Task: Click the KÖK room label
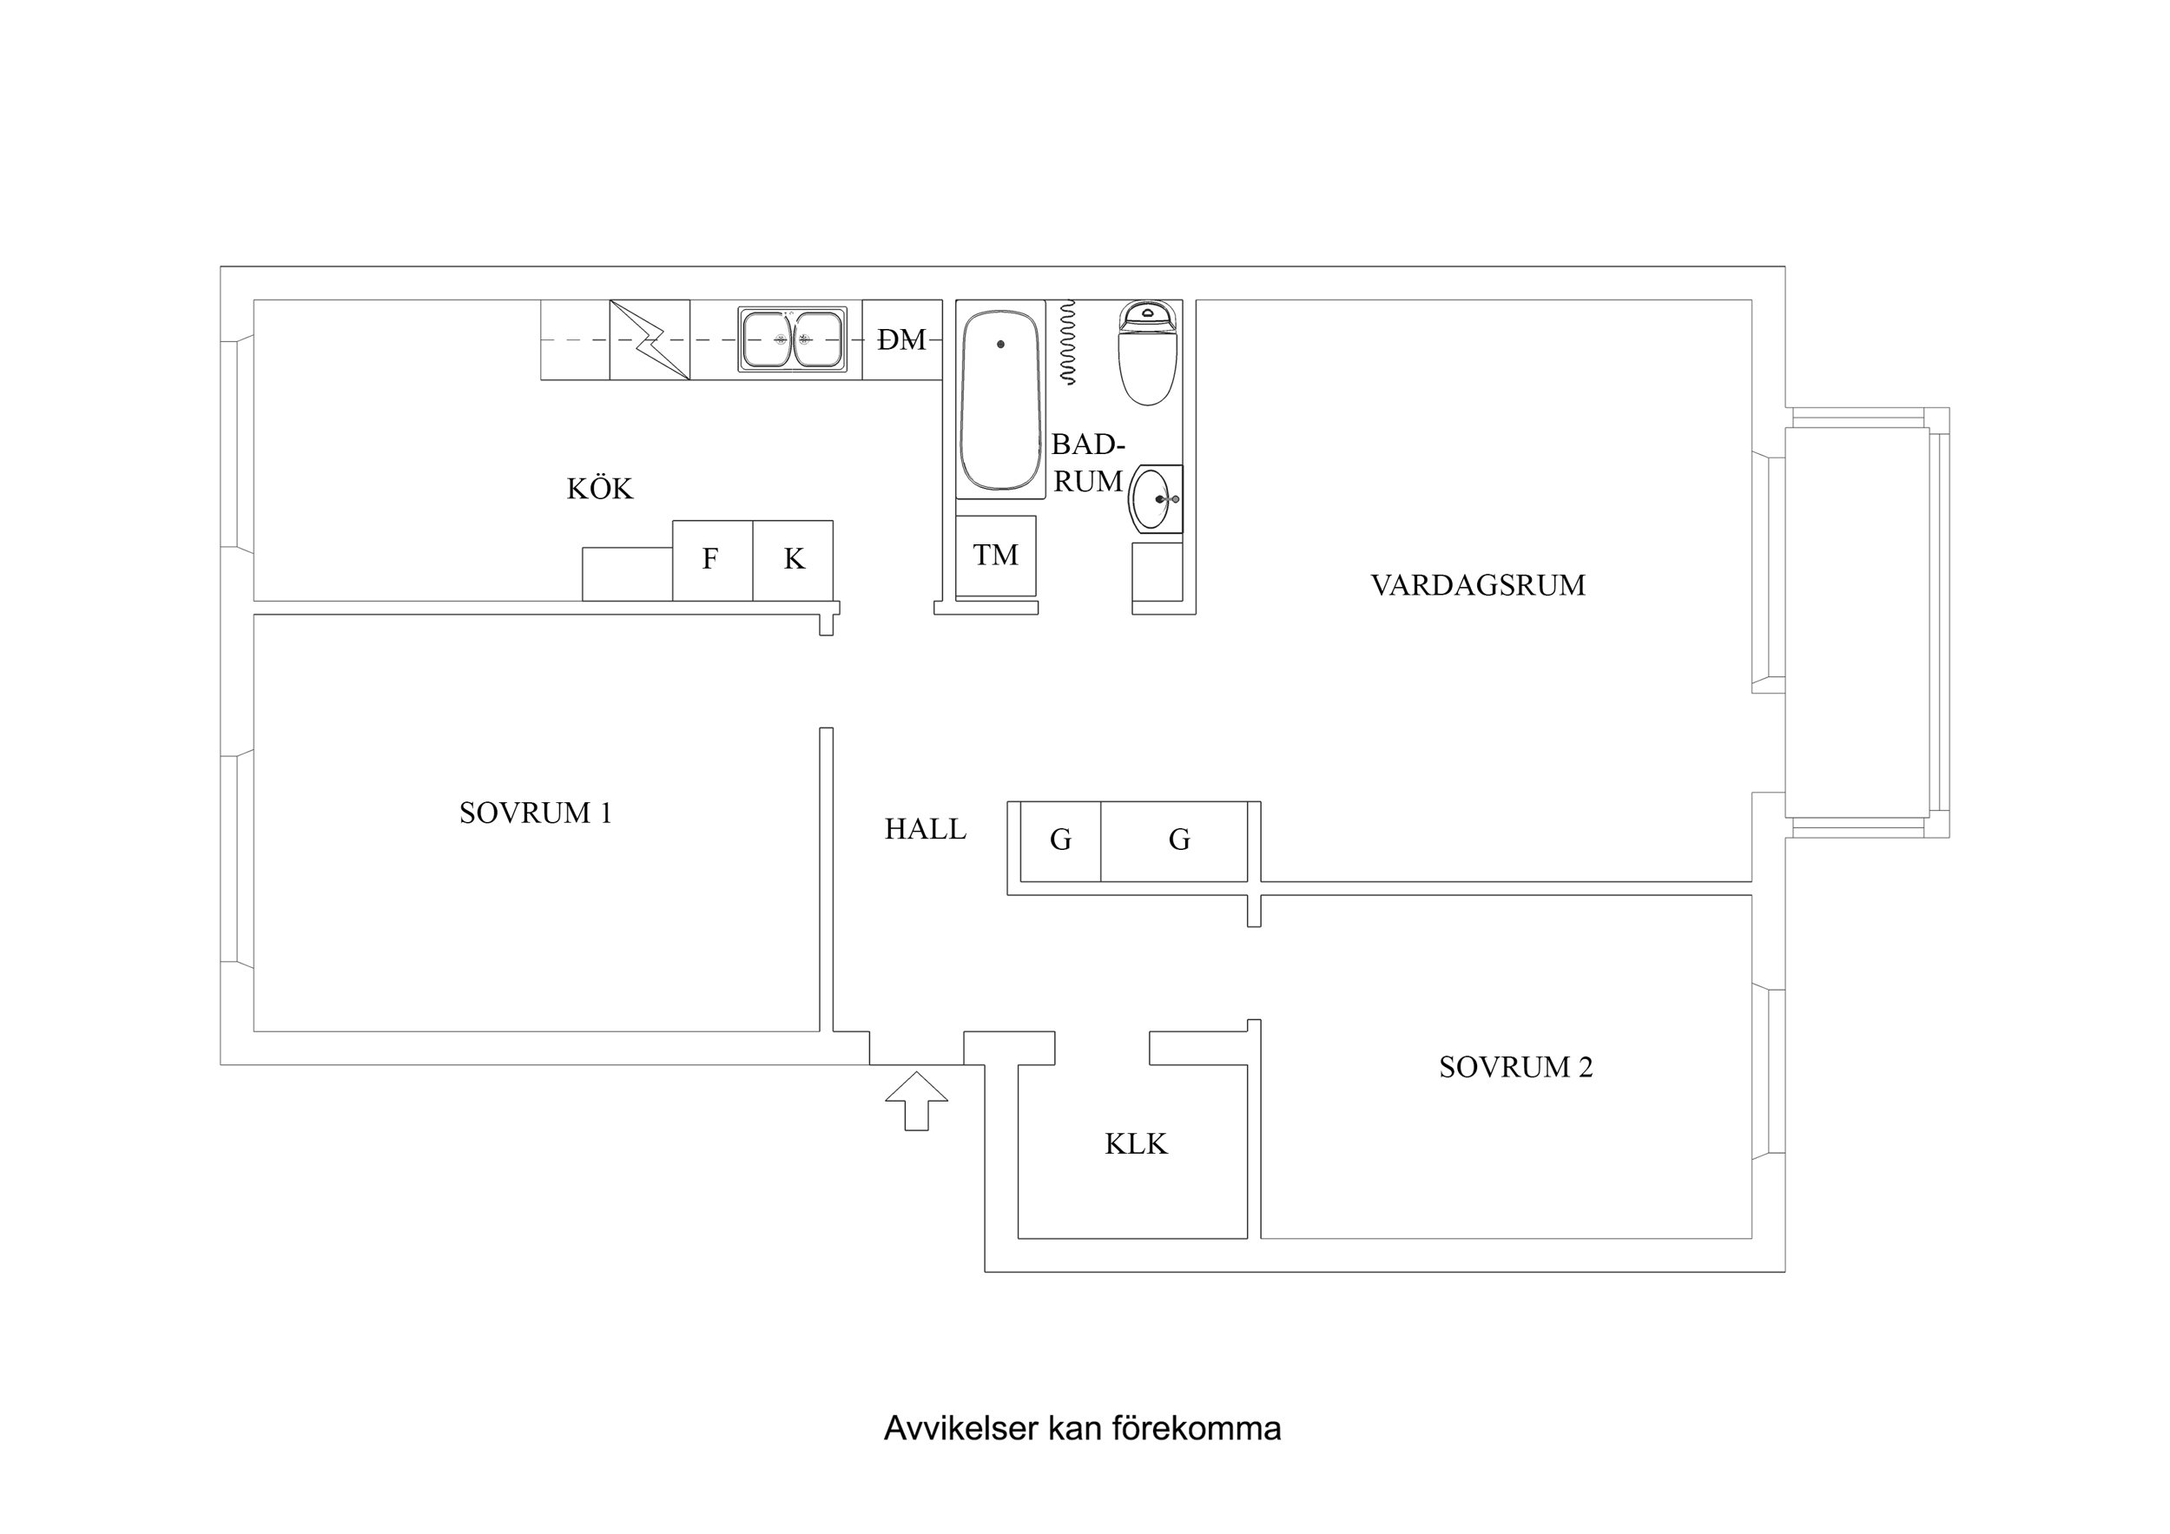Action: (599, 489)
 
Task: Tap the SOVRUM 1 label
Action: (535, 813)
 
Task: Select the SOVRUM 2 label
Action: (1515, 1067)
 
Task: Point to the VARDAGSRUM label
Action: (1477, 585)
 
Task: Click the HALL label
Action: (924, 829)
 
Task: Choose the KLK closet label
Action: (1135, 1143)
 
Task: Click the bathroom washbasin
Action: (1154, 498)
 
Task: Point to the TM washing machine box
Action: (995, 556)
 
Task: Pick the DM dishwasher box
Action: (901, 339)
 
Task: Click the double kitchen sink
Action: (792, 339)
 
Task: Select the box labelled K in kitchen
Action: (793, 560)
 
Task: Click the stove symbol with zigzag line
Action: (650, 339)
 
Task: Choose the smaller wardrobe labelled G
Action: (1060, 840)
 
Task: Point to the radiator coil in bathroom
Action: (1068, 342)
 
